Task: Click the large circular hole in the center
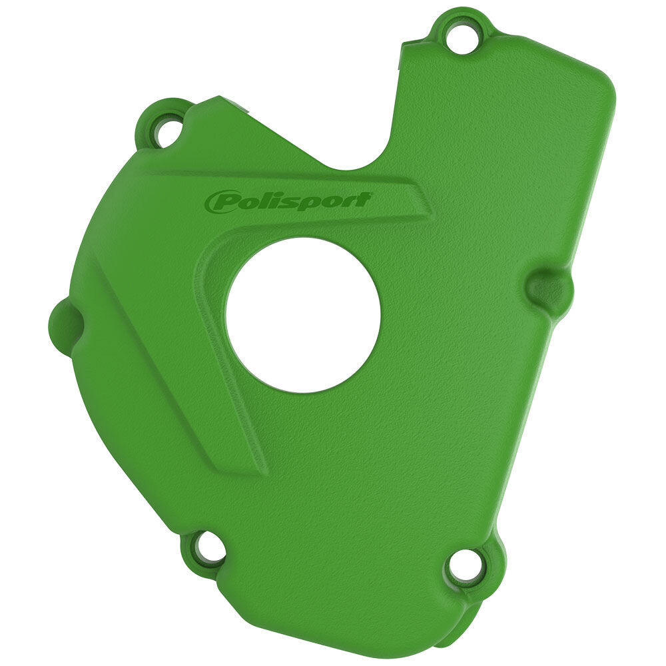click(303, 314)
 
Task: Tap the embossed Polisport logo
click(288, 201)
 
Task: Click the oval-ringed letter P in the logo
click(220, 202)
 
